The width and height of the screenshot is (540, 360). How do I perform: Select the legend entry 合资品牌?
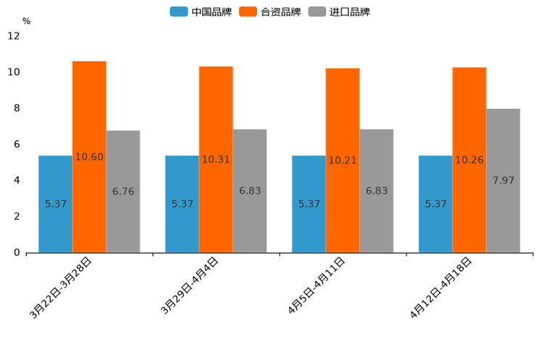click(x=280, y=12)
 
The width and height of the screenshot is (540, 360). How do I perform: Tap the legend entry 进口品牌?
click(x=349, y=12)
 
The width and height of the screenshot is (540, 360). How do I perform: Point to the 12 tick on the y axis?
click(x=14, y=36)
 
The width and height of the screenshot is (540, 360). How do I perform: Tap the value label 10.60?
click(x=89, y=157)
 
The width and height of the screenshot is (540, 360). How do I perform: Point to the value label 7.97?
click(x=503, y=180)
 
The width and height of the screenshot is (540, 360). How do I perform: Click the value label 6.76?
click(x=123, y=192)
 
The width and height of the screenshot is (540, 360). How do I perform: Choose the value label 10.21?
click(x=343, y=160)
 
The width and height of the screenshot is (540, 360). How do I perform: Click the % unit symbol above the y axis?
click(x=26, y=21)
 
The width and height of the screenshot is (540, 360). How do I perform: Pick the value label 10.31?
click(x=216, y=159)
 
